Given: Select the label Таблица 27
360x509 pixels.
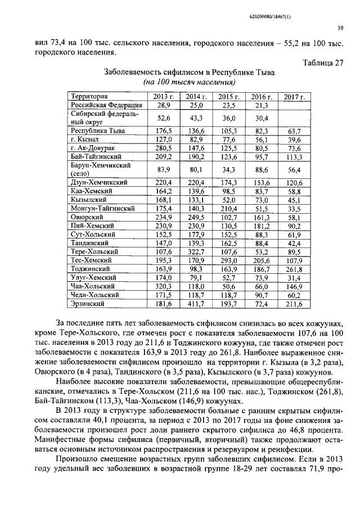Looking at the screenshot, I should click(323, 63).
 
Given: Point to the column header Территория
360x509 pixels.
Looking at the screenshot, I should click(90, 97).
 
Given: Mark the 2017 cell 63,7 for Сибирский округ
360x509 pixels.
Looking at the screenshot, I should click(292, 130).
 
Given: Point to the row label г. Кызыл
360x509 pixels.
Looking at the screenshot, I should click(85, 139).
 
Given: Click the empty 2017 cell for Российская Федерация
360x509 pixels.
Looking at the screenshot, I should click(292, 105).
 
